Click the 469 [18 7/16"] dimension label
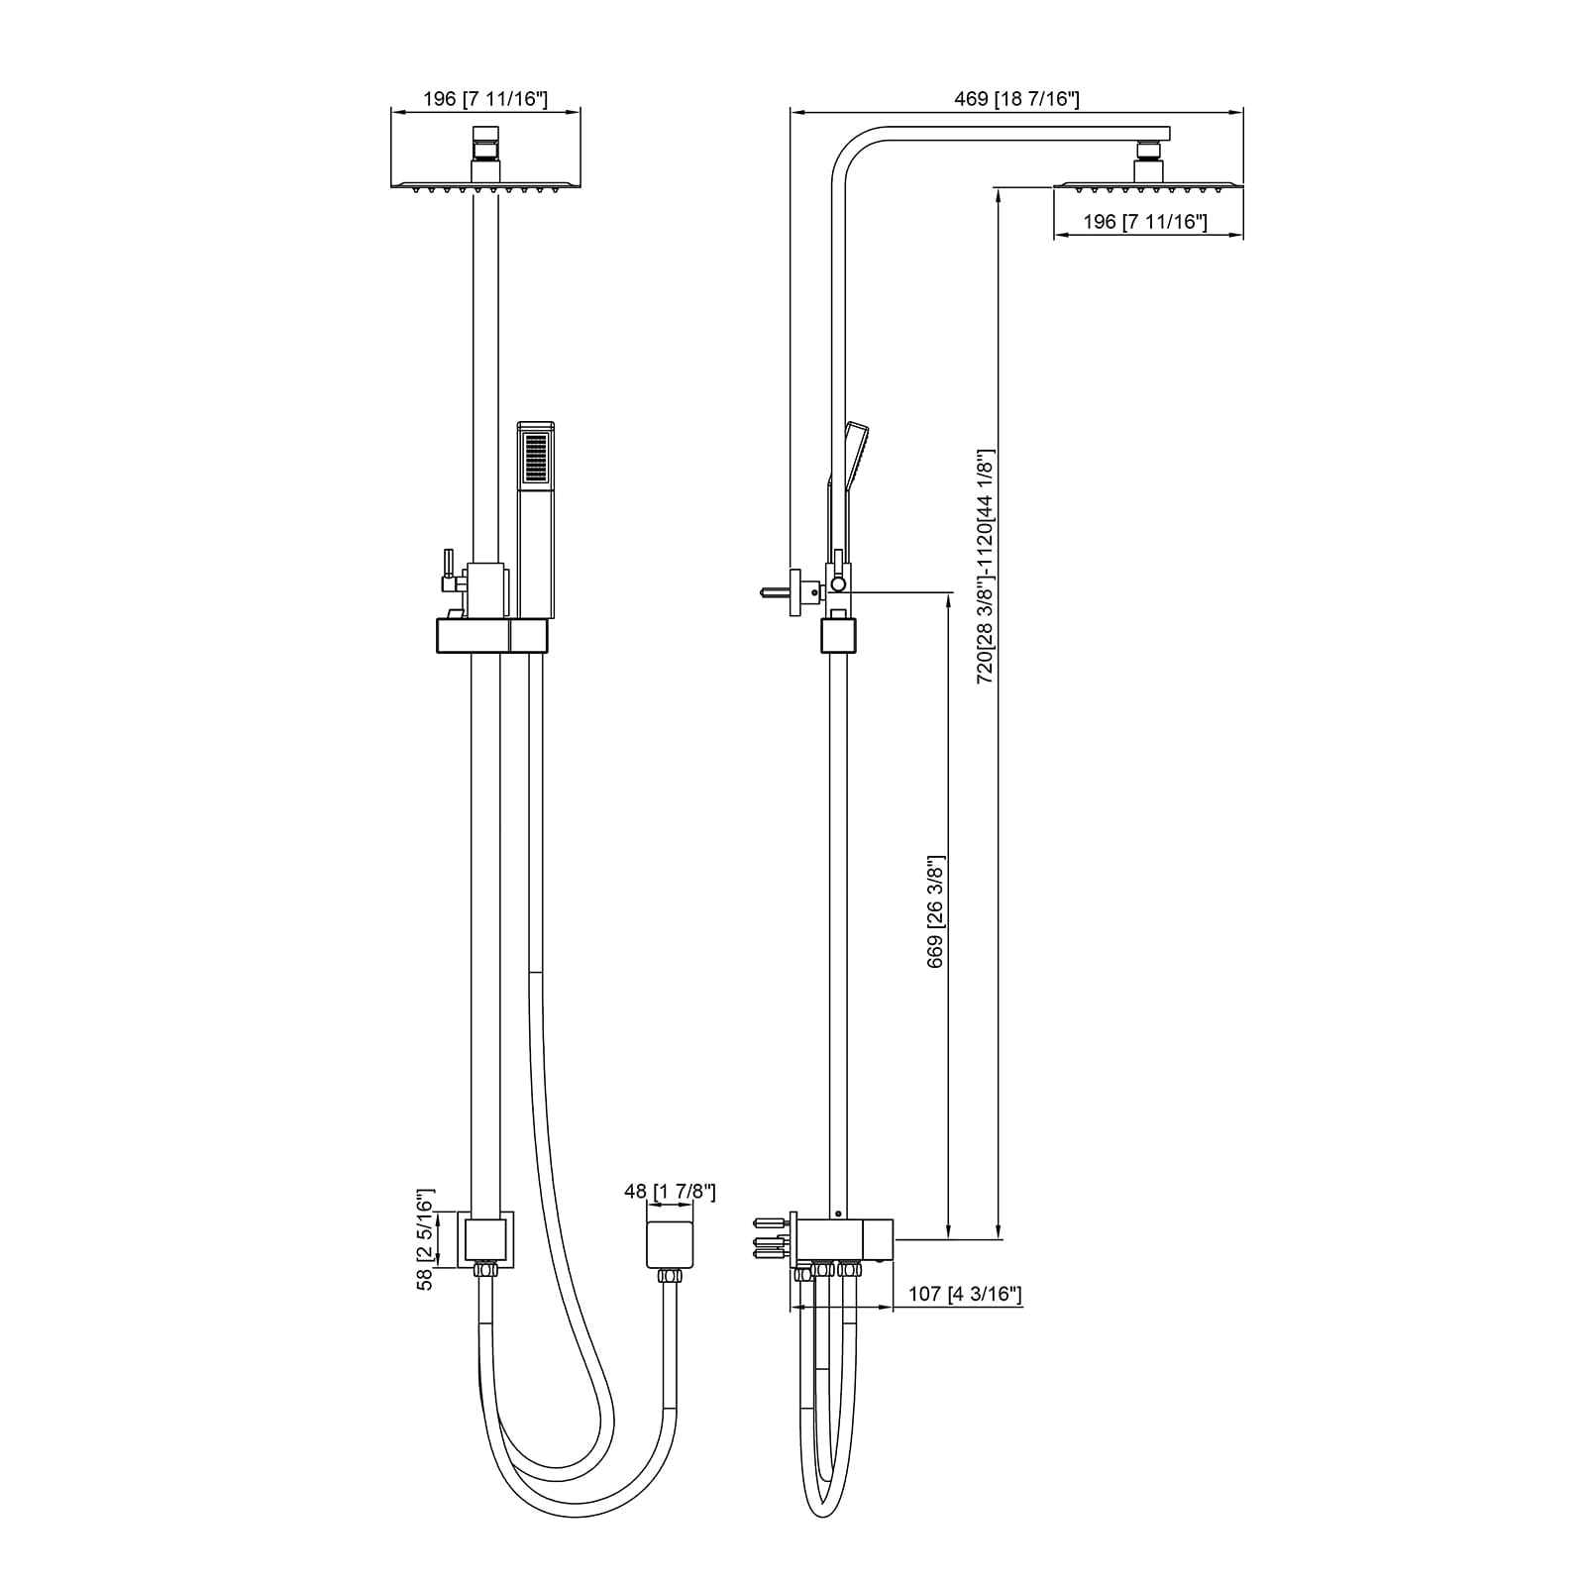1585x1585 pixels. point(1016,99)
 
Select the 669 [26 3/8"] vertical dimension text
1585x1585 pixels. point(935,911)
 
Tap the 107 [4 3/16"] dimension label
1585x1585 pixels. point(966,1294)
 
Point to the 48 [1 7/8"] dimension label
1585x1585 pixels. point(670,1191)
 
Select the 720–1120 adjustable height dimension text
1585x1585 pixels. point(986,567)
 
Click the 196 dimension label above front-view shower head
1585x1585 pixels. point(484,99)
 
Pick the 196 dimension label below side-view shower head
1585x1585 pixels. point(1145,222)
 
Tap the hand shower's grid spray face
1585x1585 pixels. point(536,457)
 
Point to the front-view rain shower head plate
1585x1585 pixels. point(484,184)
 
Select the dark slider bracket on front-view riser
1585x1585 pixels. point(491,635)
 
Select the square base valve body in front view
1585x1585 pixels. point(485,1238)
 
